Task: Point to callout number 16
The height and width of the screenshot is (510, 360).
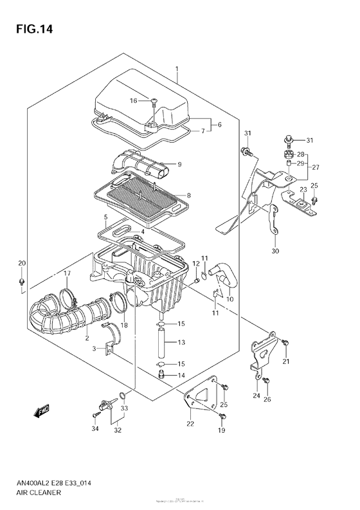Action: click(134, 100)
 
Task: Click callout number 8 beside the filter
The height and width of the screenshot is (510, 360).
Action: click(189, 196)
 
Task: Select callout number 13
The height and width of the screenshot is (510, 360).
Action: click(181, 342)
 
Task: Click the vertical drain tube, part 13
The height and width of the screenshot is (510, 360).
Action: click(161, 342)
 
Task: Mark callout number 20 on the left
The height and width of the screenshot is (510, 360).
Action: click(21, 263)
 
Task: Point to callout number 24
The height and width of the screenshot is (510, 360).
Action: click(256, 396)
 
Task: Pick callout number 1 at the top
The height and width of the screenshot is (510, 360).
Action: click(176, 68)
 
